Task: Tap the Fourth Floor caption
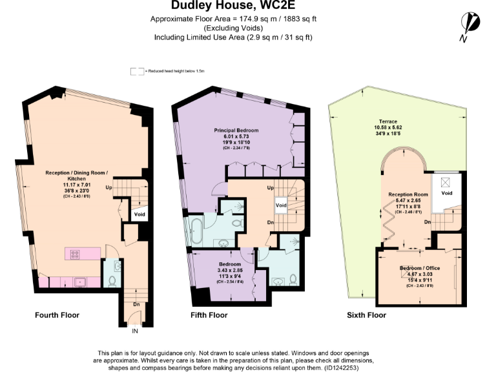[57, 315]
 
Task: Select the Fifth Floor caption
[209, 315]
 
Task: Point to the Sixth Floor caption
[366, 315]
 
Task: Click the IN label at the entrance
[135, 331]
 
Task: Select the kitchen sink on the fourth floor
[80, 282]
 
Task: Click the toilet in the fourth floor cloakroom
[112, 282]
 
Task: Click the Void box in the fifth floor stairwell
[281, 205]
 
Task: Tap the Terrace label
[388, 121]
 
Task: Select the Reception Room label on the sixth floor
[408, 194]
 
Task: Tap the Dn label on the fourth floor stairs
[136, 304]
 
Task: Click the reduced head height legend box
[136, 70]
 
